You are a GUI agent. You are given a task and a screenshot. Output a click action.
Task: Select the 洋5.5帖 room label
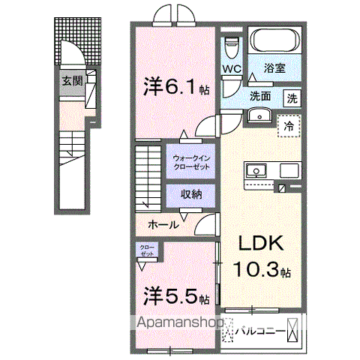(x=175, y=296)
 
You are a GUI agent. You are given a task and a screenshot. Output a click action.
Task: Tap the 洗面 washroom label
(x=262, y=96)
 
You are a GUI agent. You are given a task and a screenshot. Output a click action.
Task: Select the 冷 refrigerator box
(x=287, y=126)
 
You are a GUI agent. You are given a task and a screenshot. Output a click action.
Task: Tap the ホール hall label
(x=163, y=224)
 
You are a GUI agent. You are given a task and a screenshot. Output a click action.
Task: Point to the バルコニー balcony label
(x=259, y=328)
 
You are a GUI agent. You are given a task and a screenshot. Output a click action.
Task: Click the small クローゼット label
(x=146, y=250)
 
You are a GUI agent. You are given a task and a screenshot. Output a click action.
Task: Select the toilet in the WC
(x=232, y=46)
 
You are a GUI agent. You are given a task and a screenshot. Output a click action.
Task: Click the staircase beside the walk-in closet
(x=150, y=175)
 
